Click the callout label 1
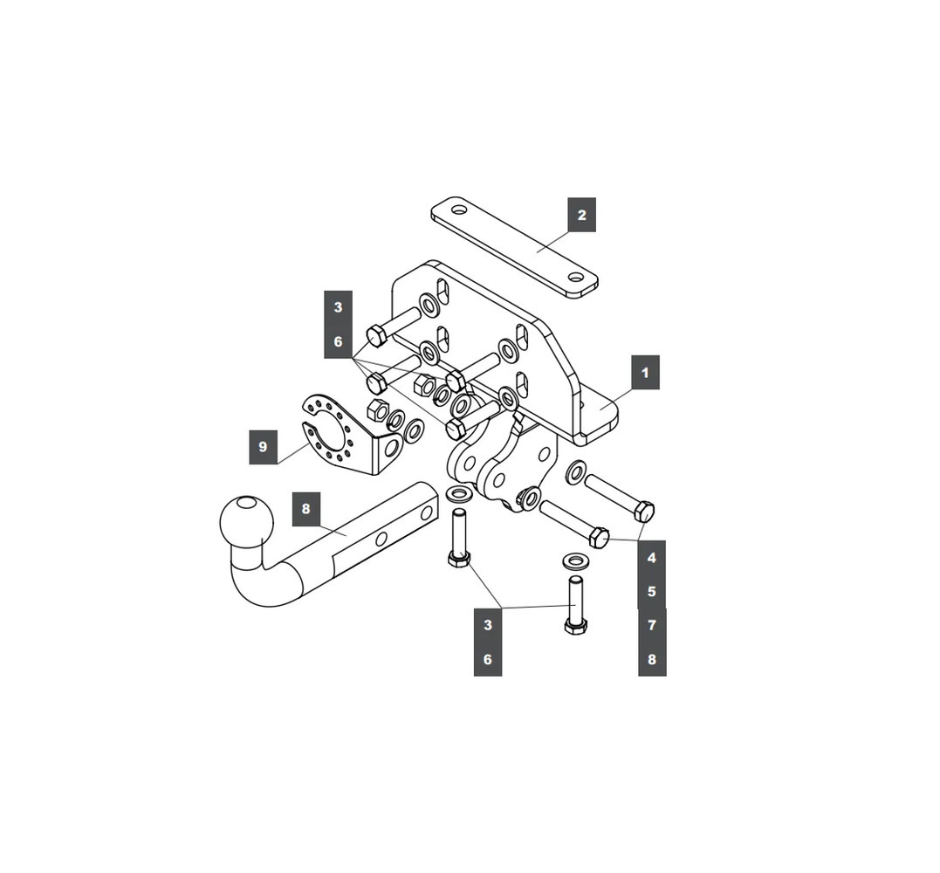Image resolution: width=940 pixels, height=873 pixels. click(x=645, y=373)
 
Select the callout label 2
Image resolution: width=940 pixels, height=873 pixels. click(x=581, y=215)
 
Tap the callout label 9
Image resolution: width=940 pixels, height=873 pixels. click(x=263, y=446)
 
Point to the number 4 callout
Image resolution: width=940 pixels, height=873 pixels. click(x=651, y=558)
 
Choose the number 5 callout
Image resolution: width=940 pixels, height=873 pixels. click(x=651, y=591)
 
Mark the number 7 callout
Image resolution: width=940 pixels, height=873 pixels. click(x=651, y=625)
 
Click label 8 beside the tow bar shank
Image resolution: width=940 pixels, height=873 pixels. click(x=305, y=509)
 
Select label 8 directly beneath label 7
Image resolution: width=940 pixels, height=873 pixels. click(x=651, y=659)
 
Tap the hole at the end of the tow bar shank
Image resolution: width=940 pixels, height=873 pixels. click(x=426, y=513)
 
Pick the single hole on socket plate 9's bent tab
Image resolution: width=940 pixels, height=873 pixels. click(x=392, y=449)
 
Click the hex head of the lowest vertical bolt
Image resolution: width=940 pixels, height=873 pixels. click(x=575, y=626)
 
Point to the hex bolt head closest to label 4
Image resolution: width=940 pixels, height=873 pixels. click(x=644, y=512)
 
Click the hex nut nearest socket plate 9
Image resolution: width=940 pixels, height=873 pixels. click(x=377, y=410)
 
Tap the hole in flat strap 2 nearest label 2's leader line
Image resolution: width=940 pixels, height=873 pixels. click(x=576, y=277)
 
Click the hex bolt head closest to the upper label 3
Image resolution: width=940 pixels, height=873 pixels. click(x=375, y=335)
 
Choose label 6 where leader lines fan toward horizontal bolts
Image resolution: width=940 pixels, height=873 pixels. click(x=338, y=341)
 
